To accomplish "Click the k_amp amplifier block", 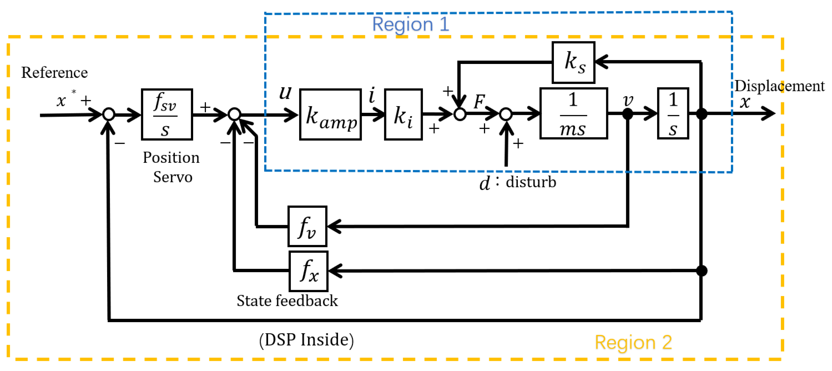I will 330,114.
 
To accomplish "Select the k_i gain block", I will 403,114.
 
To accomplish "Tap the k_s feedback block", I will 573,62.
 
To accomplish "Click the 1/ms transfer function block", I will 573,113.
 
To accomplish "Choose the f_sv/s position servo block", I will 167,114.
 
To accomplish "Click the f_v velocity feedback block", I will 307,226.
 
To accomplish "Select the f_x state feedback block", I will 309,271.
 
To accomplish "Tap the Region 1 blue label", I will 410,24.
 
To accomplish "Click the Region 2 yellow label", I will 633,342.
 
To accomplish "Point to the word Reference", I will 54,72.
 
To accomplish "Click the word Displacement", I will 779,86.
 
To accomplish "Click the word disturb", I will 531,182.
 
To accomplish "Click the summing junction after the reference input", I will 109,114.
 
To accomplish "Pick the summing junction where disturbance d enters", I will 506,114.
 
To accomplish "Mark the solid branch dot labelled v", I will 627,113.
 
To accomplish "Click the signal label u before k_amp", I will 285,93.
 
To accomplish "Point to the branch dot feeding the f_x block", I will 702,271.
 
